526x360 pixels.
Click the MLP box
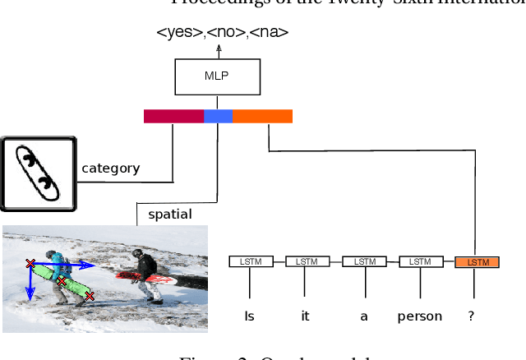tap(218, 77)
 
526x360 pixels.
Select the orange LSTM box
tap(477, 261)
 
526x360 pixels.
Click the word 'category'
tap(110, 168)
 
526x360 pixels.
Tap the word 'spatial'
tap(169, 215)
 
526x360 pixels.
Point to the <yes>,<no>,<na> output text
tap(222, 33)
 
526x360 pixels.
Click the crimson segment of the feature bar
tap(173, 116)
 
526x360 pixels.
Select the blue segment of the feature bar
tap(219, 116)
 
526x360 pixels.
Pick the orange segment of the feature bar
tap(262, 116)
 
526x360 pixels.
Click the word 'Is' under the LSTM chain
tap(250, 316)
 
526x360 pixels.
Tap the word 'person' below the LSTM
tap(420, 316)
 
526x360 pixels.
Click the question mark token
tap(471, 316)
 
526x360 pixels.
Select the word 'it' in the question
tap(305, 316)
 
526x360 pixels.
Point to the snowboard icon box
tap(39, 173)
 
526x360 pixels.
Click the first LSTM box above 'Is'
tap(251, 261)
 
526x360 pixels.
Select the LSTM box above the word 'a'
tap(363, 261)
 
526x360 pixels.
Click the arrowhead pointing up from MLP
tap(219, 48)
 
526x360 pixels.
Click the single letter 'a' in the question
tap(363, 316)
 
